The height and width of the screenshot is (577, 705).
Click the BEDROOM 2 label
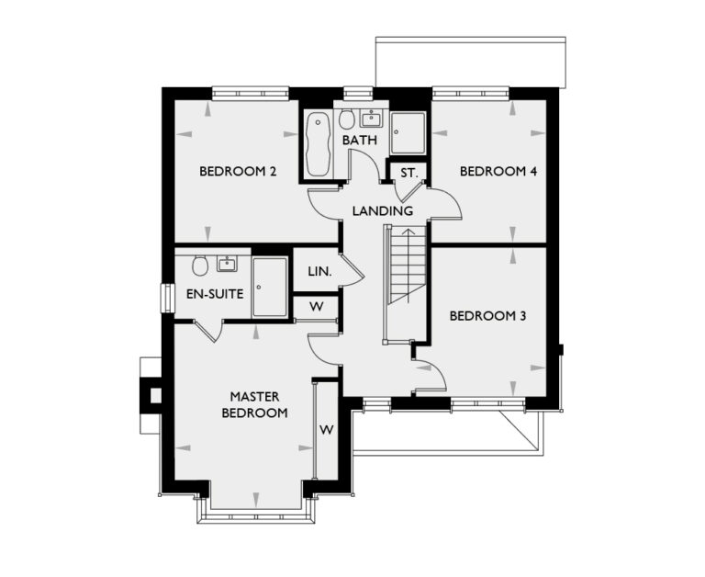238,172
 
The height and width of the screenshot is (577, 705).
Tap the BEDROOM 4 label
498,172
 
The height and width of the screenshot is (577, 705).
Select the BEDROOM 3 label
487,316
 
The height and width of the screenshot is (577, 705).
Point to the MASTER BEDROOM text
254,404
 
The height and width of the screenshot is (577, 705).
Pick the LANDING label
383,211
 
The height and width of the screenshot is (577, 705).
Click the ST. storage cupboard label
408,172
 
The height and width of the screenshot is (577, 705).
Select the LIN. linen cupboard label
319,273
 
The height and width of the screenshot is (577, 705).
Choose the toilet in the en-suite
199,266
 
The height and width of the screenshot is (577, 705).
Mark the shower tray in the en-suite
270,287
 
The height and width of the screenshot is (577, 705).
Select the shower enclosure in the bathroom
408,133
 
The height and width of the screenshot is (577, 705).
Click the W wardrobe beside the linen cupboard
316,307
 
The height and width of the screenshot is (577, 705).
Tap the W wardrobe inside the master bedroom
326,430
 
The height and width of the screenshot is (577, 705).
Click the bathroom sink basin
372,118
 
